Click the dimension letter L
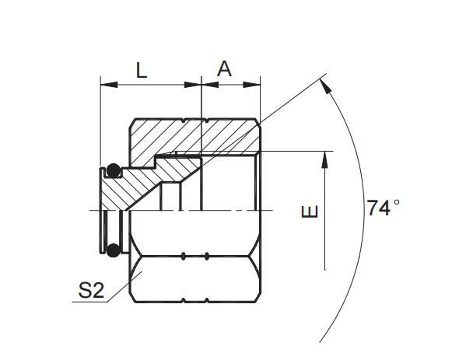141,69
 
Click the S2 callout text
90,291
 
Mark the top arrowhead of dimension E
325,158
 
